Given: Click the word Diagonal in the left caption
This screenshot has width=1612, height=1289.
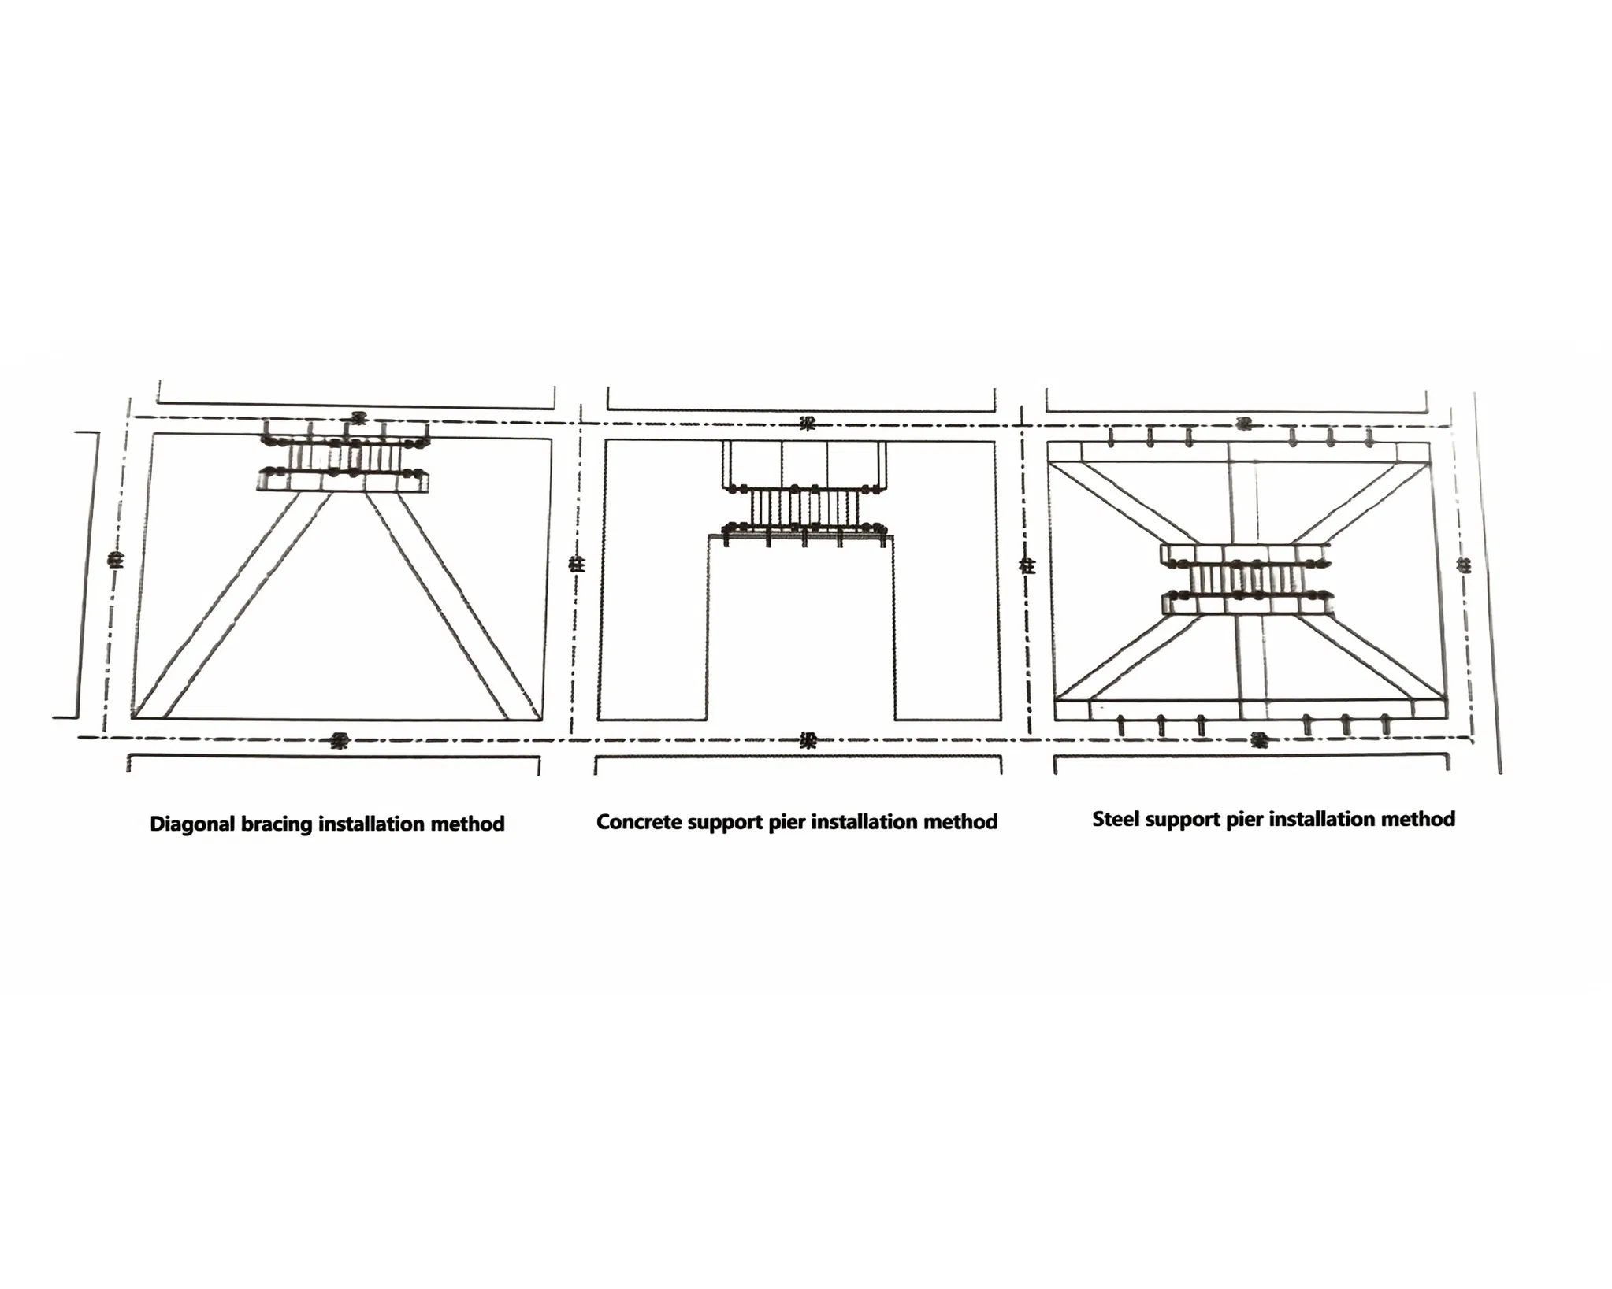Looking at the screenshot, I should [191, 824].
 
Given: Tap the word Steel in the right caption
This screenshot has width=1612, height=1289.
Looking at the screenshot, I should [1115, 819].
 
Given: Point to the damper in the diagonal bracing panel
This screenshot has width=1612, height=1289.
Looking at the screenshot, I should [345, 457].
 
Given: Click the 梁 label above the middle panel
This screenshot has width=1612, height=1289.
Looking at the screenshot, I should [807, 424].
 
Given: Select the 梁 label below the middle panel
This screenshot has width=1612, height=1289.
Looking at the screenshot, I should [808, 740].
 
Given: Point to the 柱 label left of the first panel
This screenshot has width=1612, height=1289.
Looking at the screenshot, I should [117, 561].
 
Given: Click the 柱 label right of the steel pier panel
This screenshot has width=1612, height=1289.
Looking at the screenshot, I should [1464, 565].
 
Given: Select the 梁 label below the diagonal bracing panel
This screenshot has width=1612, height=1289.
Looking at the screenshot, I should [340, 740].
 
